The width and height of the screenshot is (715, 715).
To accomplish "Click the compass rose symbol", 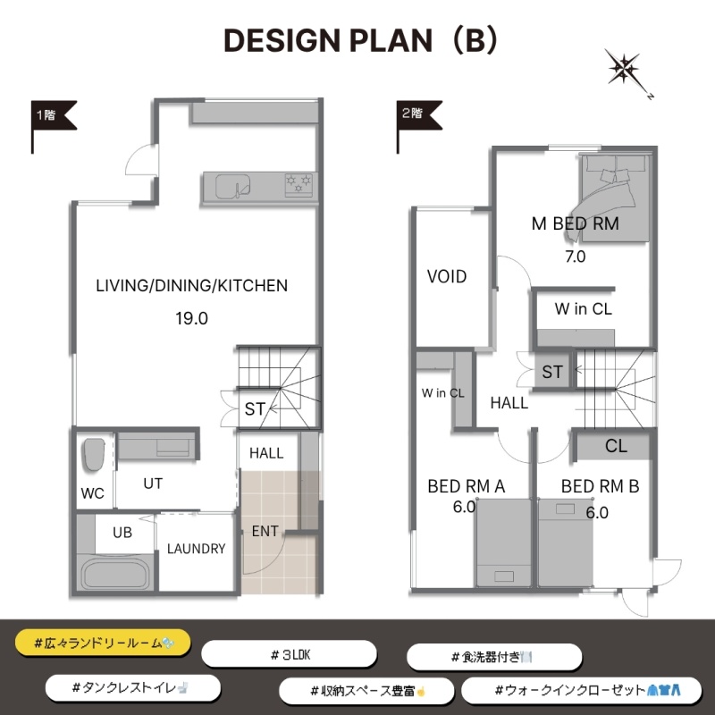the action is point(625,70).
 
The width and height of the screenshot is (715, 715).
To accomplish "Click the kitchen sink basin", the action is point(232,186).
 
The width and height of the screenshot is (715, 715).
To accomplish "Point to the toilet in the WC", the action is point(93,454).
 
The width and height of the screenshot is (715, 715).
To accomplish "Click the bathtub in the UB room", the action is point(115,575).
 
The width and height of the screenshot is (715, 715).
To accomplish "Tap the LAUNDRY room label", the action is point(196,549).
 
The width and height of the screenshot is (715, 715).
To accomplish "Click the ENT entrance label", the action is point(265,531).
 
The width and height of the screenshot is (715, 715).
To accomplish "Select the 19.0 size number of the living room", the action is point(191,318).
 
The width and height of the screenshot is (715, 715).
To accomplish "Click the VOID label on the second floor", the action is point(446,276).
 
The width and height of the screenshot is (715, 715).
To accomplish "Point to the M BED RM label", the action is point(575,223).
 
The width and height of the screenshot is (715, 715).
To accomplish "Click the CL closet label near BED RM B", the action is point(616,445).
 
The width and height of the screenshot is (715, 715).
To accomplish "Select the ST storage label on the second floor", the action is point(552,372).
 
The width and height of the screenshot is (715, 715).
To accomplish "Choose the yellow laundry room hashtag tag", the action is point(103,643).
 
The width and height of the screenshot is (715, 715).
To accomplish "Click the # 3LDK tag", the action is point(289,655).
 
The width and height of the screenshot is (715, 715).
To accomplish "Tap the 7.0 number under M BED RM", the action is point(575,257).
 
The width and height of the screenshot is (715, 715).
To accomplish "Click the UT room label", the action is point(153,484).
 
